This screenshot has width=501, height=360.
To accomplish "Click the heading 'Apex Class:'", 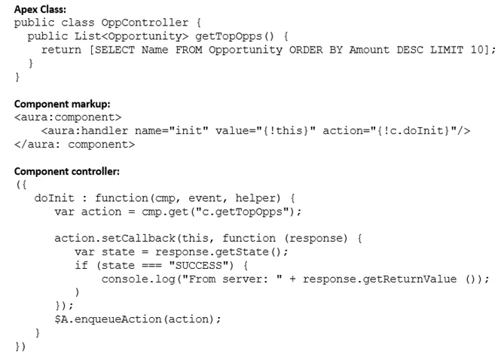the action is pyautogui.click(x=40, y=9).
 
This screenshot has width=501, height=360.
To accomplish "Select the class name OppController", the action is pyautogui.click(x=145, y=23).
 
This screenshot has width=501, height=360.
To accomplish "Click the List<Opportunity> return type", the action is pyautogui.click(x=131, y=36).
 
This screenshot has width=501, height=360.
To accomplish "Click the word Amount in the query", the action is pyautogui.click(x=369, y=50).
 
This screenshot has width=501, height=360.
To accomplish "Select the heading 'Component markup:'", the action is pyautogui.click(x=62, y=104).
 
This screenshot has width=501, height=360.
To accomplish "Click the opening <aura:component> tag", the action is pyautogui.click(x=68, y=117).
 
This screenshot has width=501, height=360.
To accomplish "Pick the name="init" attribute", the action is pyautogui.click(x=172, y=130).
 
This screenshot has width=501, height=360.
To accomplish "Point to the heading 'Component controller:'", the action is pyautogui.click(x=67, y=171).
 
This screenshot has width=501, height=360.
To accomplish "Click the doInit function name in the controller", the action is pyautogui.click(x=54, y=198).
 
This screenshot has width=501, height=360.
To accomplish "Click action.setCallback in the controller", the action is pyautogui.click(x=115, y=238).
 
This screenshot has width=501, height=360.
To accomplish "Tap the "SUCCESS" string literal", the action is pyautogui.click(x=198, y=265).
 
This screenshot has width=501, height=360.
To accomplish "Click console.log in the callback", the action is pyautogui.click(x=139, y=279).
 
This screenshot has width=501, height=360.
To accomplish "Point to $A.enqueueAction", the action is pyautogui.click(x=108, y=319).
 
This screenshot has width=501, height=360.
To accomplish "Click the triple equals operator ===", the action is pyautogui.click(x=151, y=266).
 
